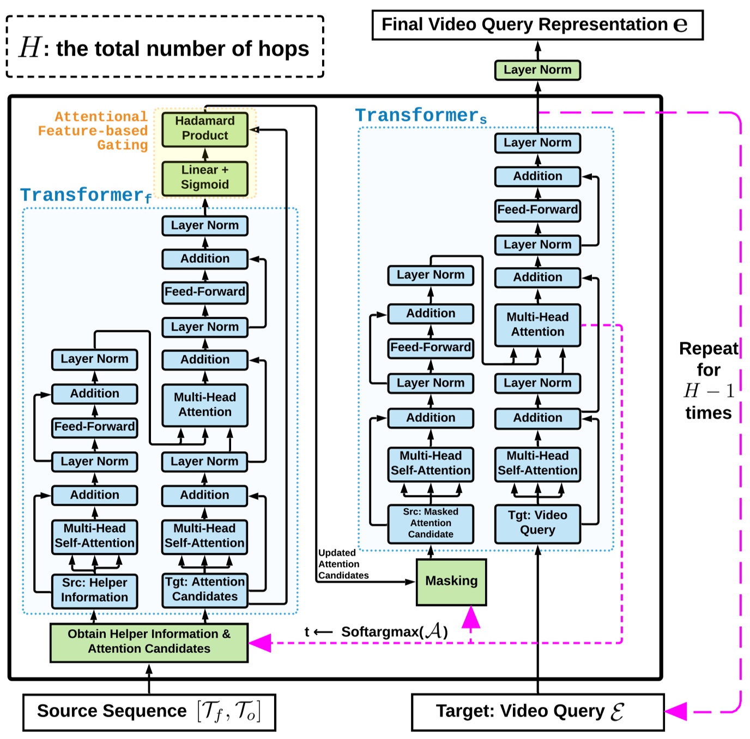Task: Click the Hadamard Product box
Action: [204, 129]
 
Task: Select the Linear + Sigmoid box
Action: [204, 178]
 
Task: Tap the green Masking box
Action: [451, 581]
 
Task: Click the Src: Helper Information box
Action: [94, 591]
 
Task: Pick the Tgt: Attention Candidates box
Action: [204, 590]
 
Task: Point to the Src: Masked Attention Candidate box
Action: [430, 524]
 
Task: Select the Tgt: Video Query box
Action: [537, 523]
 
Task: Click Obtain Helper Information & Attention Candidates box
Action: [149, 642]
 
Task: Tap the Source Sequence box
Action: [149, 712]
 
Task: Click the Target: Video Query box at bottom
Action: [537, 712]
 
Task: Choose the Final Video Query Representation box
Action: [537, 25]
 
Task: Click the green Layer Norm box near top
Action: [537, 70]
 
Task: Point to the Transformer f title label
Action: [86, 195]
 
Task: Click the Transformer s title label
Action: [421, 116]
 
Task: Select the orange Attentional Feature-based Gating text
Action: [94, 131]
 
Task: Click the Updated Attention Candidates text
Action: [343, 564]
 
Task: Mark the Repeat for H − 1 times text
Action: [708, 380]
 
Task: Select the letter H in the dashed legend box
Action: [29, 47]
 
